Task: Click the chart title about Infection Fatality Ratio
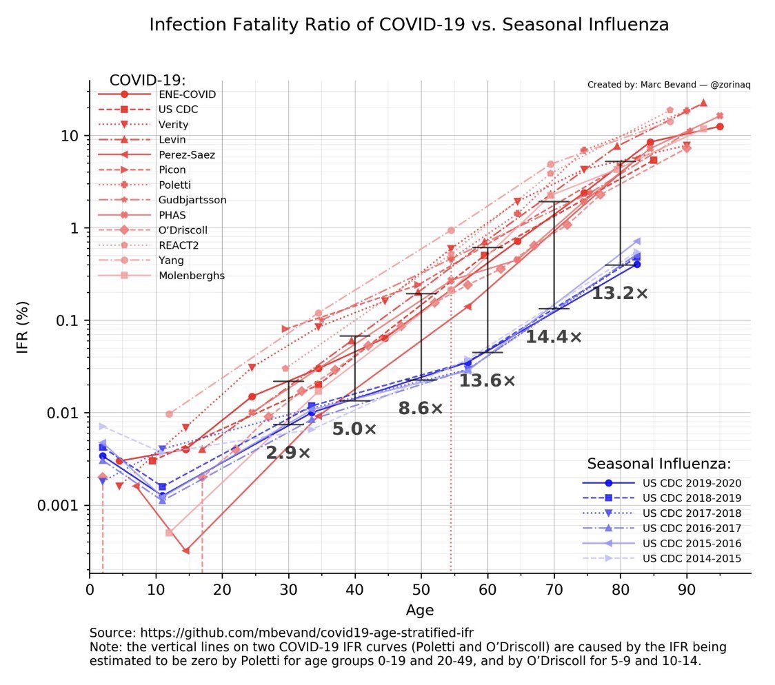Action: point(409,25)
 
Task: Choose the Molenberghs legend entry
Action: point(192,276)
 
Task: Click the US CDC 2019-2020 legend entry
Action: point(692,482)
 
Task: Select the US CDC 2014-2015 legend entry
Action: point(692,558)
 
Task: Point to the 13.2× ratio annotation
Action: point(620,293)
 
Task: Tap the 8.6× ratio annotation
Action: point(421,408)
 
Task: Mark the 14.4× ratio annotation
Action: point(554,337)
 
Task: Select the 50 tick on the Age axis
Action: point(421,591)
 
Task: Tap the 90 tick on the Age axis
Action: point(686,591)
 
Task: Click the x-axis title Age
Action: point(420,610)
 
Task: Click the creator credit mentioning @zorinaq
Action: point(668,85)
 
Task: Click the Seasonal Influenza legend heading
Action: point(658,464)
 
